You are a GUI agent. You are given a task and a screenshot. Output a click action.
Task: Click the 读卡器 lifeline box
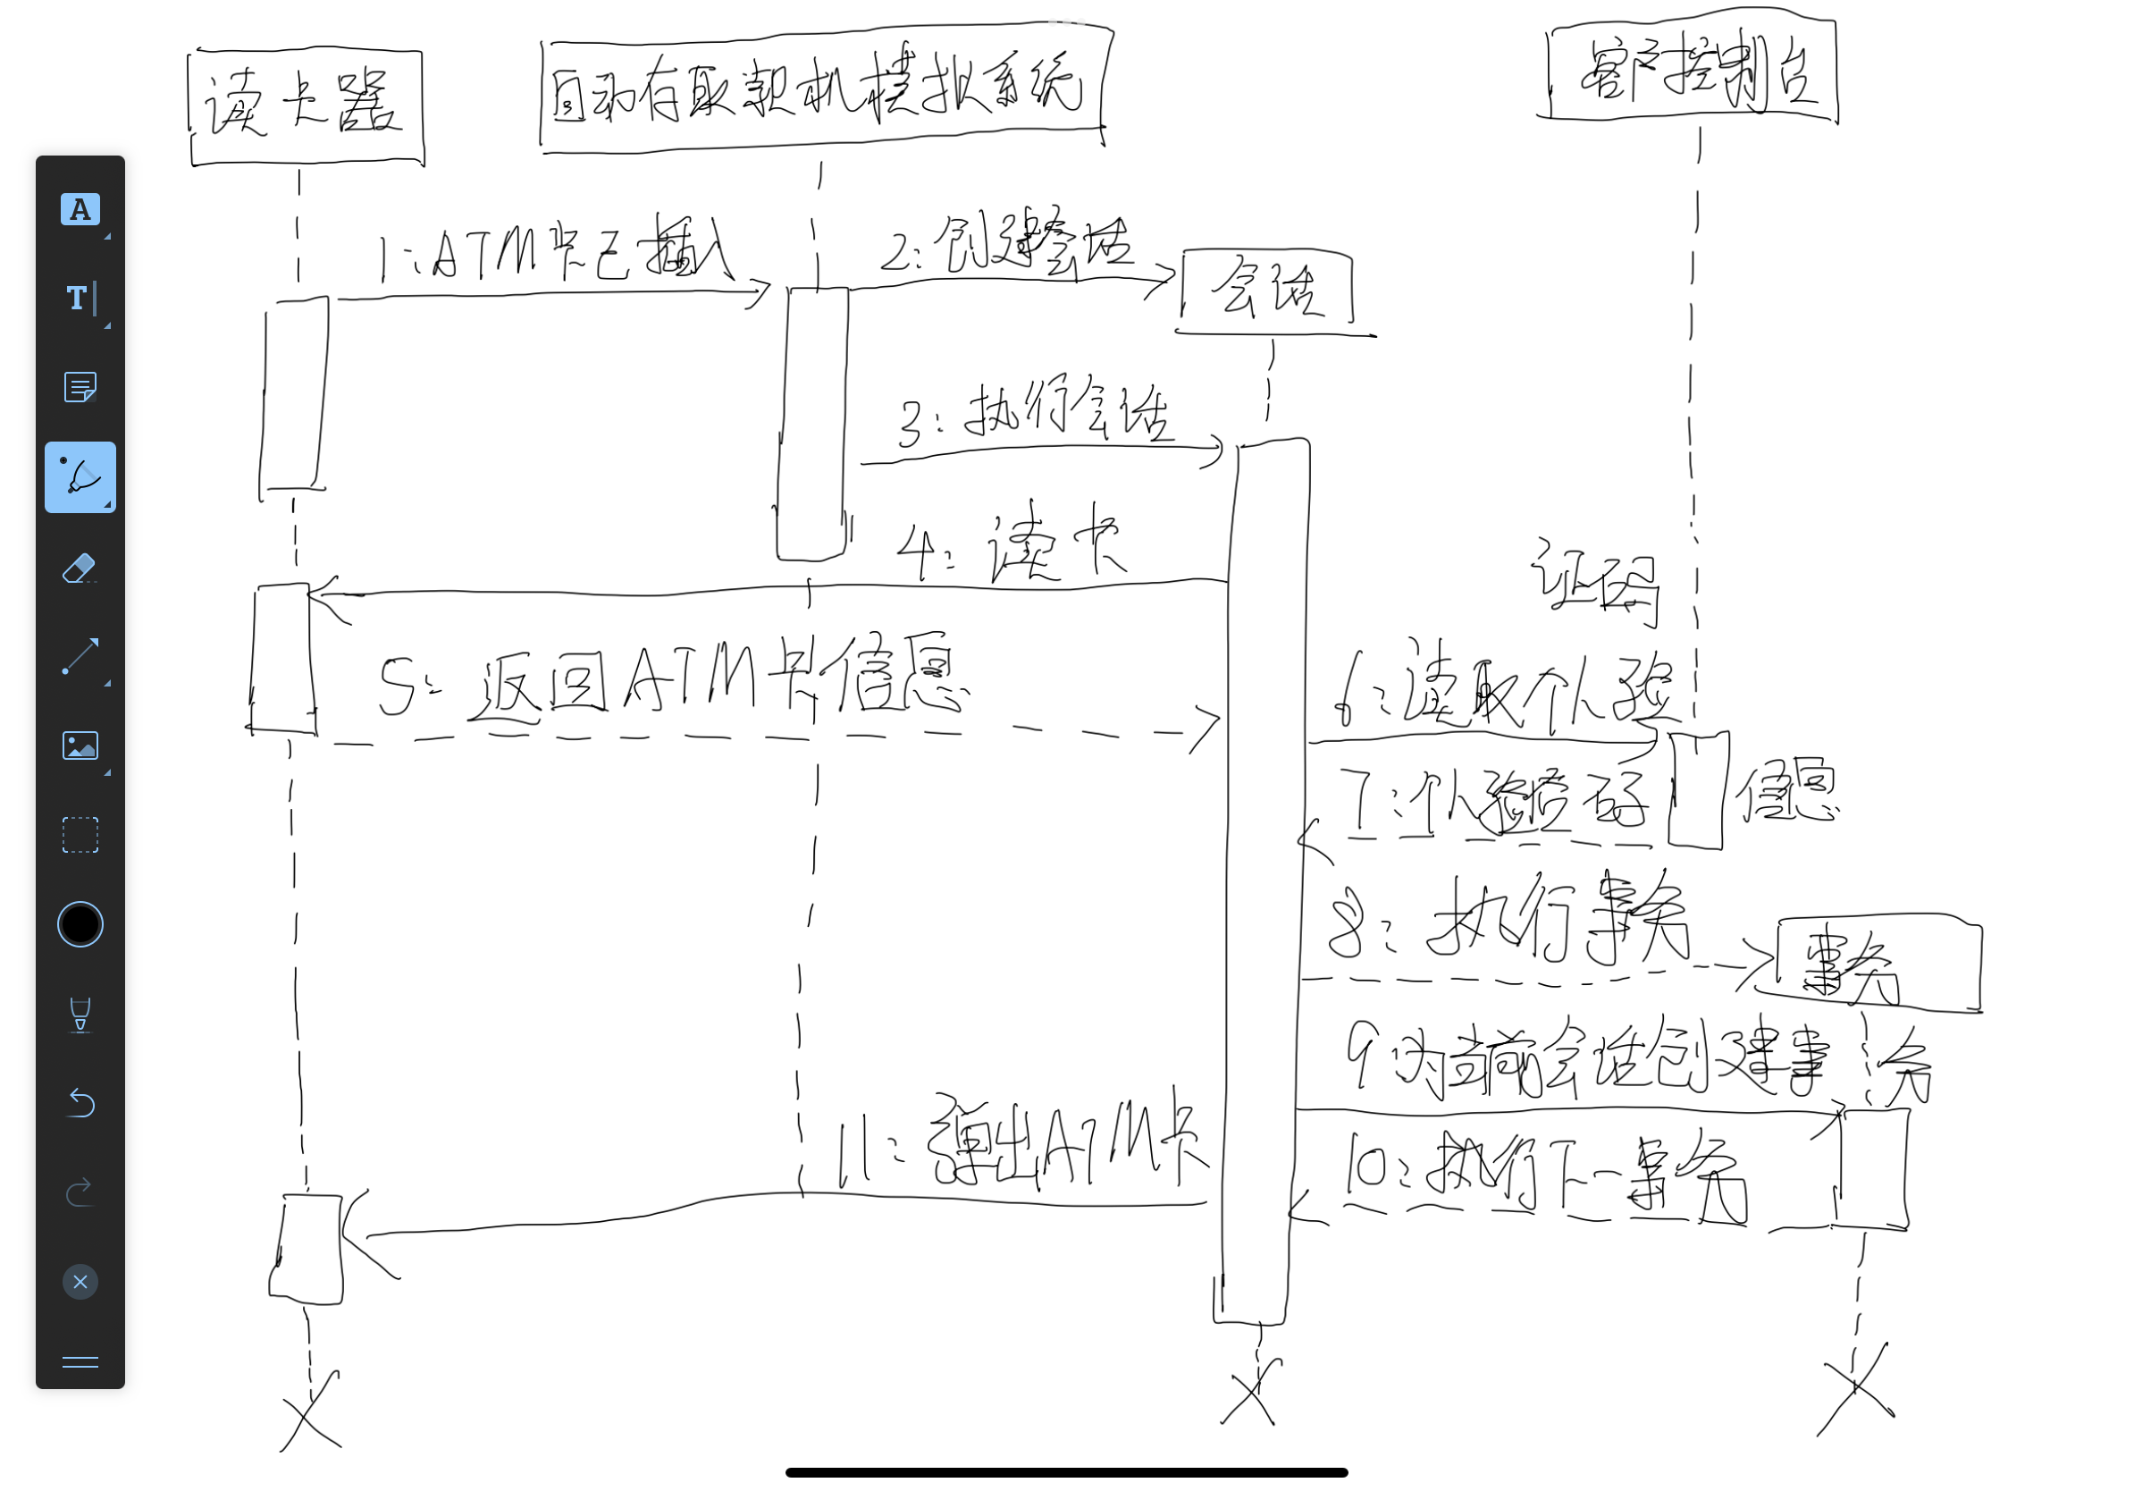tap(306, 107)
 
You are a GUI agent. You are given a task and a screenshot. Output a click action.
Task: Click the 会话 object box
tap(1267, 289)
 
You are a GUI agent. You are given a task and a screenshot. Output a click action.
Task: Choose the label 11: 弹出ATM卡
tap(1022, 1144)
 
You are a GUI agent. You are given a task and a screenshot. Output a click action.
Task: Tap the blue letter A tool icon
tap(80, 209)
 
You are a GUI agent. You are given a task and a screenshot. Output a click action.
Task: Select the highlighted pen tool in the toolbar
tap(80, 476)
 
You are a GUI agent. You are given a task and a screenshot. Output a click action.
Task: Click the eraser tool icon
tap(80, 567)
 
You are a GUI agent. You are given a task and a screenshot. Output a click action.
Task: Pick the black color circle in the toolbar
tap(80, 924)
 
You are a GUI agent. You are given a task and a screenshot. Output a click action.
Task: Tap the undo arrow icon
tap(80, 1102)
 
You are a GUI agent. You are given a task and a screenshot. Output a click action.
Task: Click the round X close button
tap(80, 1282)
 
